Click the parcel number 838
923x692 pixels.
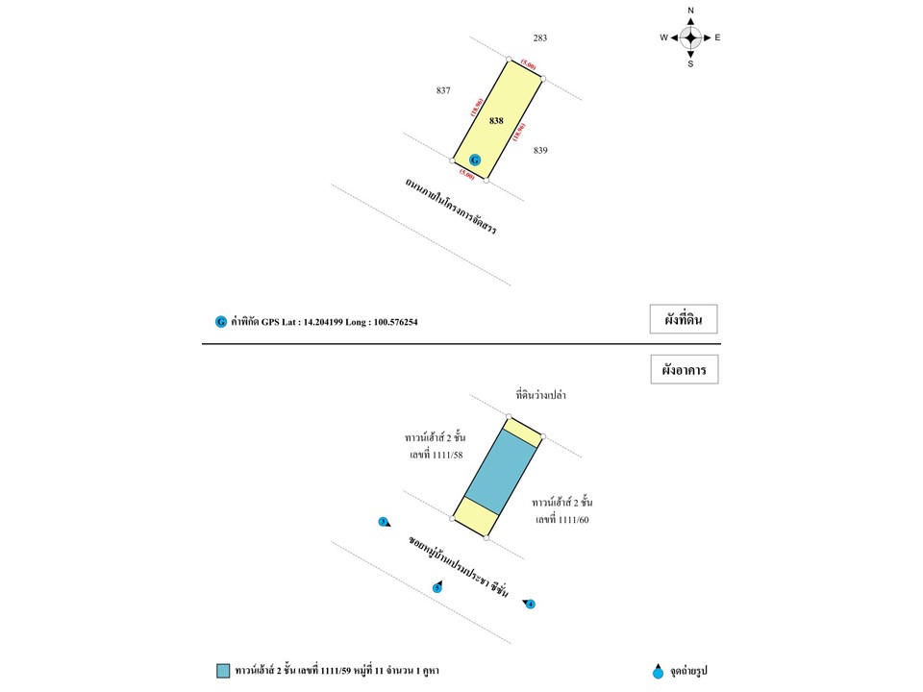click(496, 120)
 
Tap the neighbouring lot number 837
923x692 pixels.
click(443, 90)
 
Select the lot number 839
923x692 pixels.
click(540, 150)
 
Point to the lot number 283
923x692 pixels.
click(540, 37)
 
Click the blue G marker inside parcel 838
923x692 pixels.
click(474, 160)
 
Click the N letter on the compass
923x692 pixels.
click(690, 11)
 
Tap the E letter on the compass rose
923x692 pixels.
click(718, 37)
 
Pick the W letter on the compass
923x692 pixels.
click(663, 37)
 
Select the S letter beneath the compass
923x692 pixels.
click(690, 64)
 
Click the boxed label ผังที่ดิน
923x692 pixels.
click(684, 320)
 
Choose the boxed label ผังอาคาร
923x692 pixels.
click(684, 369)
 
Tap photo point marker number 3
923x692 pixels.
click(384, 522)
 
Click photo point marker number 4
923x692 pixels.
click(530, 604)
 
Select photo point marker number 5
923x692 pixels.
click(437, 586)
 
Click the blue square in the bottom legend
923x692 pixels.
click(223, 670)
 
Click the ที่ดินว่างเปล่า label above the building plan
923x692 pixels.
click(547, 394)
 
